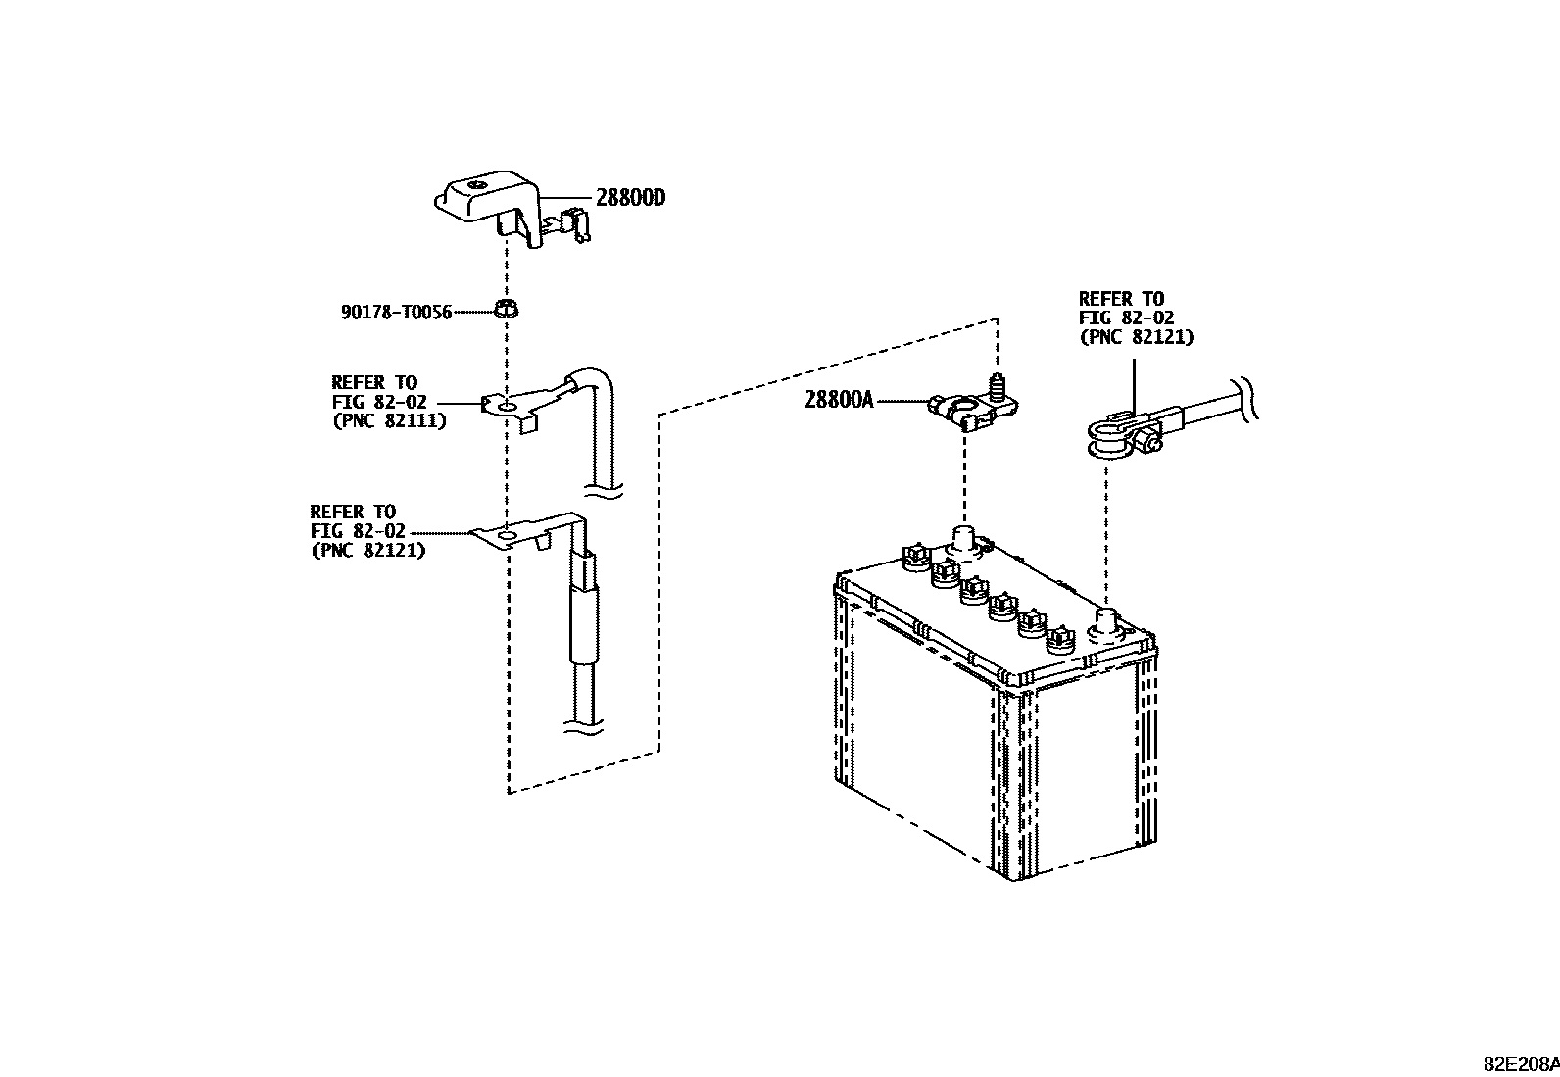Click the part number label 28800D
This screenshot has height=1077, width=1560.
coord(630,198)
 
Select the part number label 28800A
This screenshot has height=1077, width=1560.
coord(838,400)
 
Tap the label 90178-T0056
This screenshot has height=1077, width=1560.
coord(396,313)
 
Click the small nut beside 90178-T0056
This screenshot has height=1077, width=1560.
coord(507,312)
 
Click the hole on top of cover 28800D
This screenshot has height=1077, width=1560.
coord(476,185)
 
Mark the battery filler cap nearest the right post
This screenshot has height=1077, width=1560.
coord(1056,640)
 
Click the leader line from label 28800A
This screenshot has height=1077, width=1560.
coord(900,401)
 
